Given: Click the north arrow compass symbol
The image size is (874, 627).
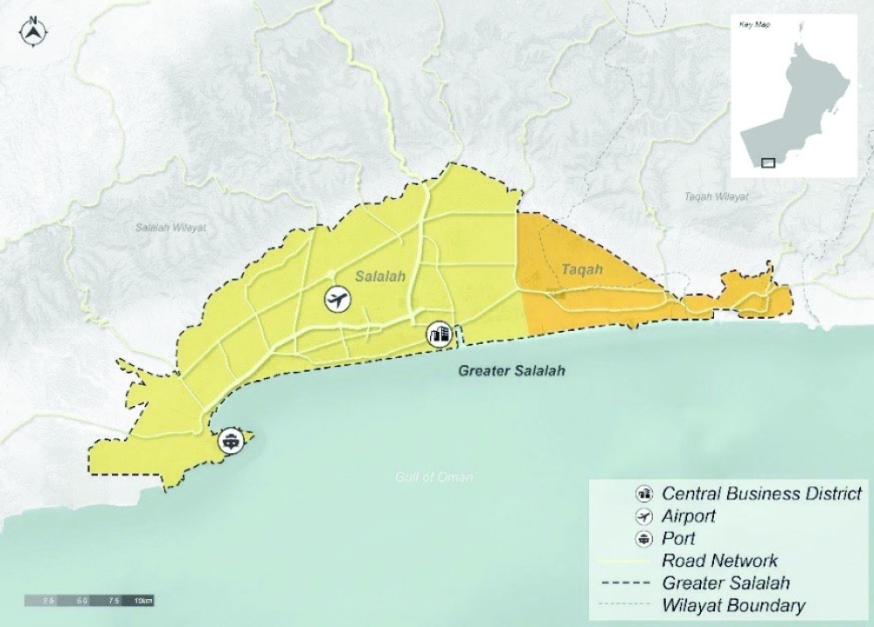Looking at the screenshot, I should [x=32, y=31].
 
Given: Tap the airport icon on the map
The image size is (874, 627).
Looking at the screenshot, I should [x=336, y=300].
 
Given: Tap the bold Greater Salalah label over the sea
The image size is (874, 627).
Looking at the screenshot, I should [x=512, y=371].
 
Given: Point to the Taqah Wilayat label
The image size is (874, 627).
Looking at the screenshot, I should [x=717, y=197].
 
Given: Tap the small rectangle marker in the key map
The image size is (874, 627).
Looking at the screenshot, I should [x=768, y=162].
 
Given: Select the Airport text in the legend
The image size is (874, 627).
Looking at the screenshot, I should [x=690, y=516].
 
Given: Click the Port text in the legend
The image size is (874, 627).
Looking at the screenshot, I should [x=678, y=539].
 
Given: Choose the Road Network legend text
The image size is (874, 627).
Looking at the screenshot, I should [x=719, y=561].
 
